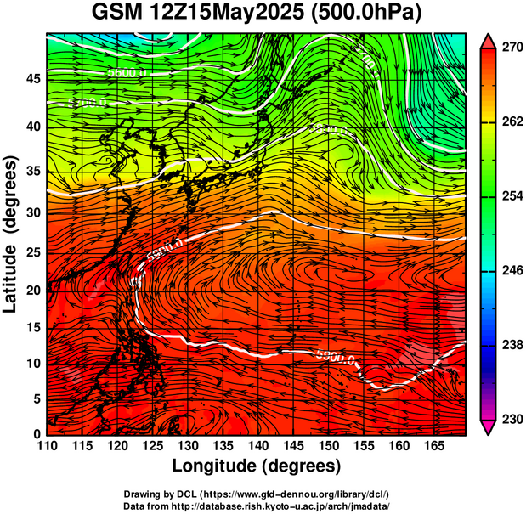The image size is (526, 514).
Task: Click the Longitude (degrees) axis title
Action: click(x=256, y=466)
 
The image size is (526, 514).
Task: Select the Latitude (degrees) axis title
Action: click(x=13, y=234)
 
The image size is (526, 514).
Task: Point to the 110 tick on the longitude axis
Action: click(x=47, y=445)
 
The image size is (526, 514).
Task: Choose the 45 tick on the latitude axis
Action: click(x=34, y=80)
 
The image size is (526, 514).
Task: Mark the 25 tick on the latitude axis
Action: click(x=34, y=254)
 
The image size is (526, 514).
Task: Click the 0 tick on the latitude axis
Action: click(x=38, y=433)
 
